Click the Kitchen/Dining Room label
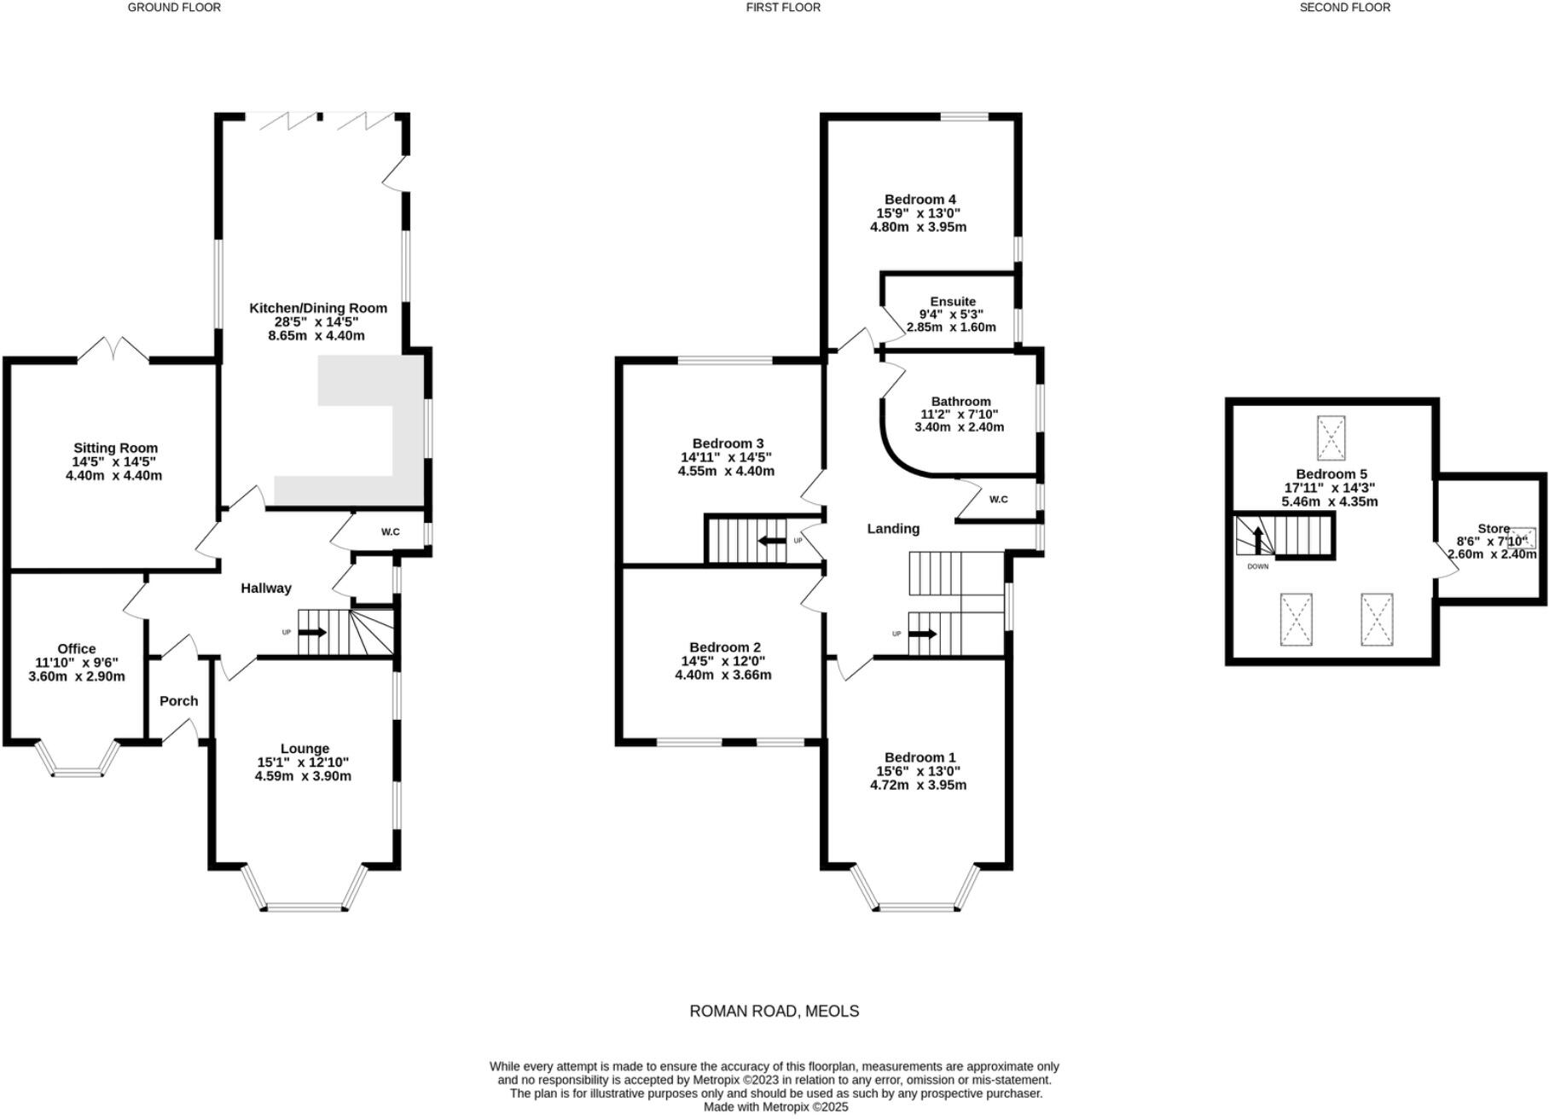pos(317,308)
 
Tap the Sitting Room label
pos(115,448)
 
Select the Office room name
pos(77,649)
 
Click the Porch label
pos(179,701)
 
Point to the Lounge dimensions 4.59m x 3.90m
pos(303,776)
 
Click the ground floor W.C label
pos(390,532)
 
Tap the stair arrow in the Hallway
pos(311,632)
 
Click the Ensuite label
pos(953,301)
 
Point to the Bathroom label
pos(960,401)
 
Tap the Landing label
pos(893,529)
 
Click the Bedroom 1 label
pos(920,757)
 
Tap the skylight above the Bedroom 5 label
pos(1331,438)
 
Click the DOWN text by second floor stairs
pos(1257,566)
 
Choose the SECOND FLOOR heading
pos(1344,8)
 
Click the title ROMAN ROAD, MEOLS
pos(774,1012)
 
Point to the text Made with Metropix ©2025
pos(775,1107)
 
